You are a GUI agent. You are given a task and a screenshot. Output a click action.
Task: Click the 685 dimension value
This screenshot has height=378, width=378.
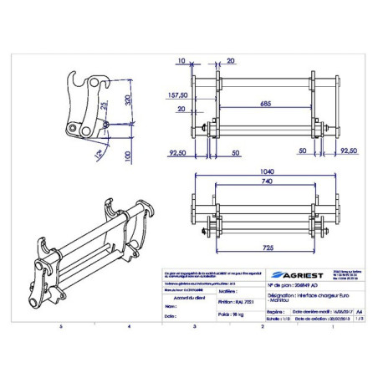pos(265,105)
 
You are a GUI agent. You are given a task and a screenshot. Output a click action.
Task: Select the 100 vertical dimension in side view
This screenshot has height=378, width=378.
pos(128,156)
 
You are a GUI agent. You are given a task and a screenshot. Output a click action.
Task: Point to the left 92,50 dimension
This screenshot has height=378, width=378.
pos(176,154)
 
